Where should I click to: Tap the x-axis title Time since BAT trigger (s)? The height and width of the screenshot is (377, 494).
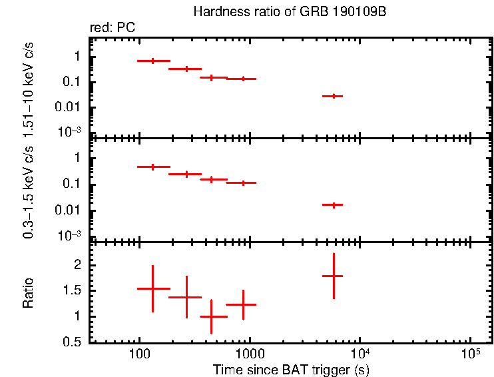[x=291, y=369]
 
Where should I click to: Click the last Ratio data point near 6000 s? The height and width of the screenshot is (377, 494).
[x=333, y=276]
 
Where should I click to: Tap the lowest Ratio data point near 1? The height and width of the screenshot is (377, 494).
[x=212, y=316]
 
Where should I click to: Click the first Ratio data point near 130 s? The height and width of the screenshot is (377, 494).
[x=153, y=288]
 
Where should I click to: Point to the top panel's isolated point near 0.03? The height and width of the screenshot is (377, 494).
[x=333, y=96]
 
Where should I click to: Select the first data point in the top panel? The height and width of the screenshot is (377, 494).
[x=153, y=61]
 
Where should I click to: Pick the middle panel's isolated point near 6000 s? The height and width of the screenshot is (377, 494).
[x=333, y=204]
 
